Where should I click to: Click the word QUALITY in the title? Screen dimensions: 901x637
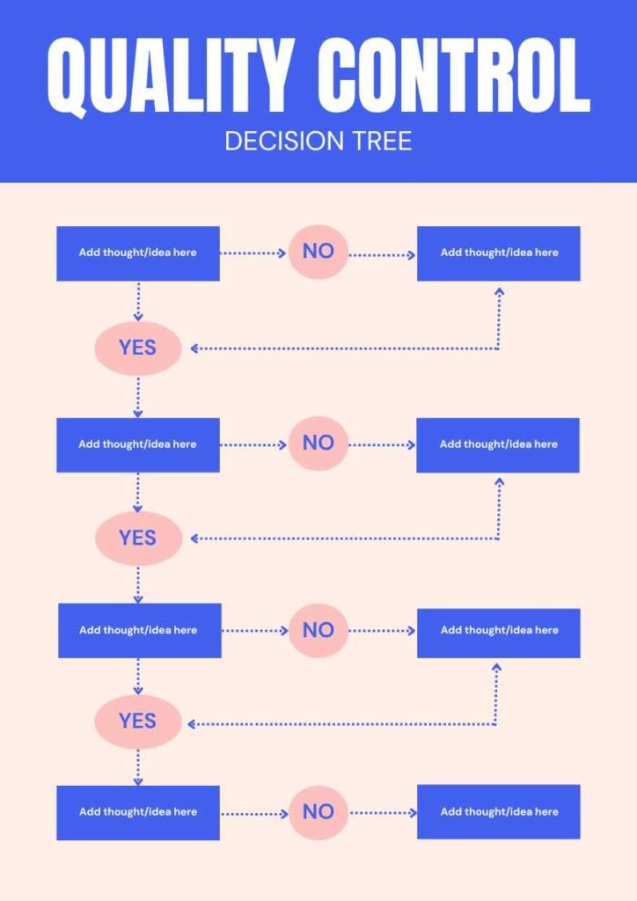click(x=167, y=77)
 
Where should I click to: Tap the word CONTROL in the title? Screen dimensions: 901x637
click(x=453, y=77)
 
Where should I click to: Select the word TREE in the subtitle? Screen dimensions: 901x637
click(x=375, y=141)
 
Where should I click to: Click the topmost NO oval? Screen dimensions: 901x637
click(x=318, y=252)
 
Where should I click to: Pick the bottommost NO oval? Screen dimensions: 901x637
click(x=318, y=811)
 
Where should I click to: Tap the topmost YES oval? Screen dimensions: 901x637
click(x=138, y=348)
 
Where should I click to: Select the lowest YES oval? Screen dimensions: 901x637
click(x=138, y=722)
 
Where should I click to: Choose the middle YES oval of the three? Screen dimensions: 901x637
click(x=138, y=538)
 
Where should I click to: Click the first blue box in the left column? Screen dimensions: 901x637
click(x=138, y=253)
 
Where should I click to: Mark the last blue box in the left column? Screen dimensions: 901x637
click(x=138, y=812)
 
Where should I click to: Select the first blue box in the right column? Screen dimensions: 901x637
click(x=498, y=253)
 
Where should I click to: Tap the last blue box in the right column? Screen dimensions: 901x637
click(x=498, y=812)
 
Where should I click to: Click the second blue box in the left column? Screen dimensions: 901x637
click(x=138, y=444)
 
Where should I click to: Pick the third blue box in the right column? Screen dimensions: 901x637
click(x=498, y=631)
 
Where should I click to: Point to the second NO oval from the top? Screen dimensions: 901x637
click(x=318, y=443)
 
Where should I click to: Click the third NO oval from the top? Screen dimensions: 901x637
click(x=318, y=630)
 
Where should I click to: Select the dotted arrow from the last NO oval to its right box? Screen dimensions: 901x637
click(x=383, y=812)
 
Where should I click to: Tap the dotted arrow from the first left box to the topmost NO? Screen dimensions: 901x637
click(x=253, y=253)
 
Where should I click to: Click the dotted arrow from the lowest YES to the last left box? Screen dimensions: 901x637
click(x=138, y=767)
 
